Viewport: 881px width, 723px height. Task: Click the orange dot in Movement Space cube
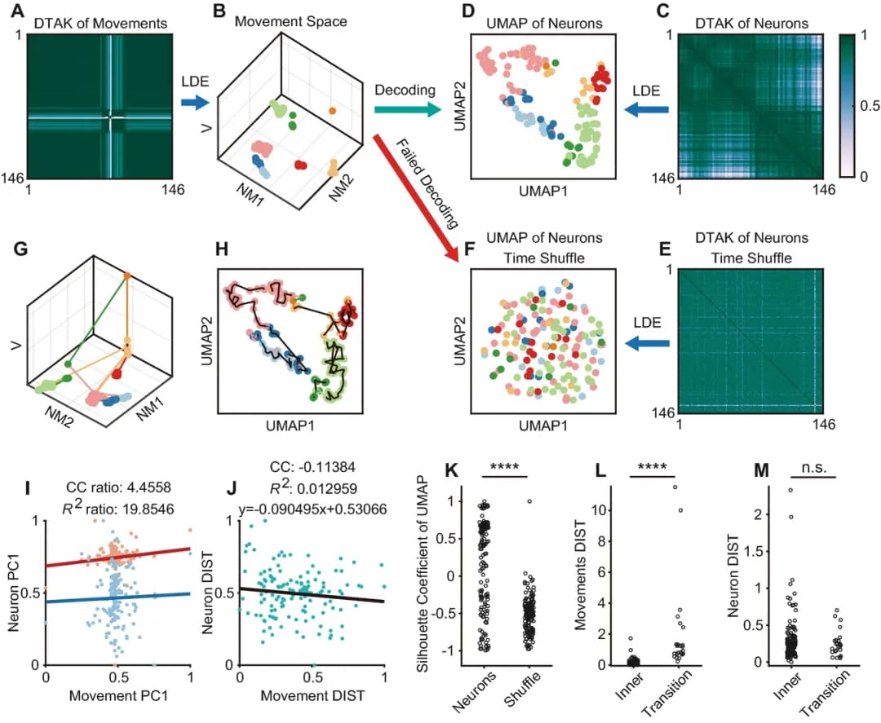pos(332,110)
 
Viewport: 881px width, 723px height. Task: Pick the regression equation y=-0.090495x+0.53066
pos(312,511)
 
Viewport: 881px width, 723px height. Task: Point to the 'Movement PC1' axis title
pos(119,698)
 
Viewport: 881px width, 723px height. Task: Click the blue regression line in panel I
pos(119,597)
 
